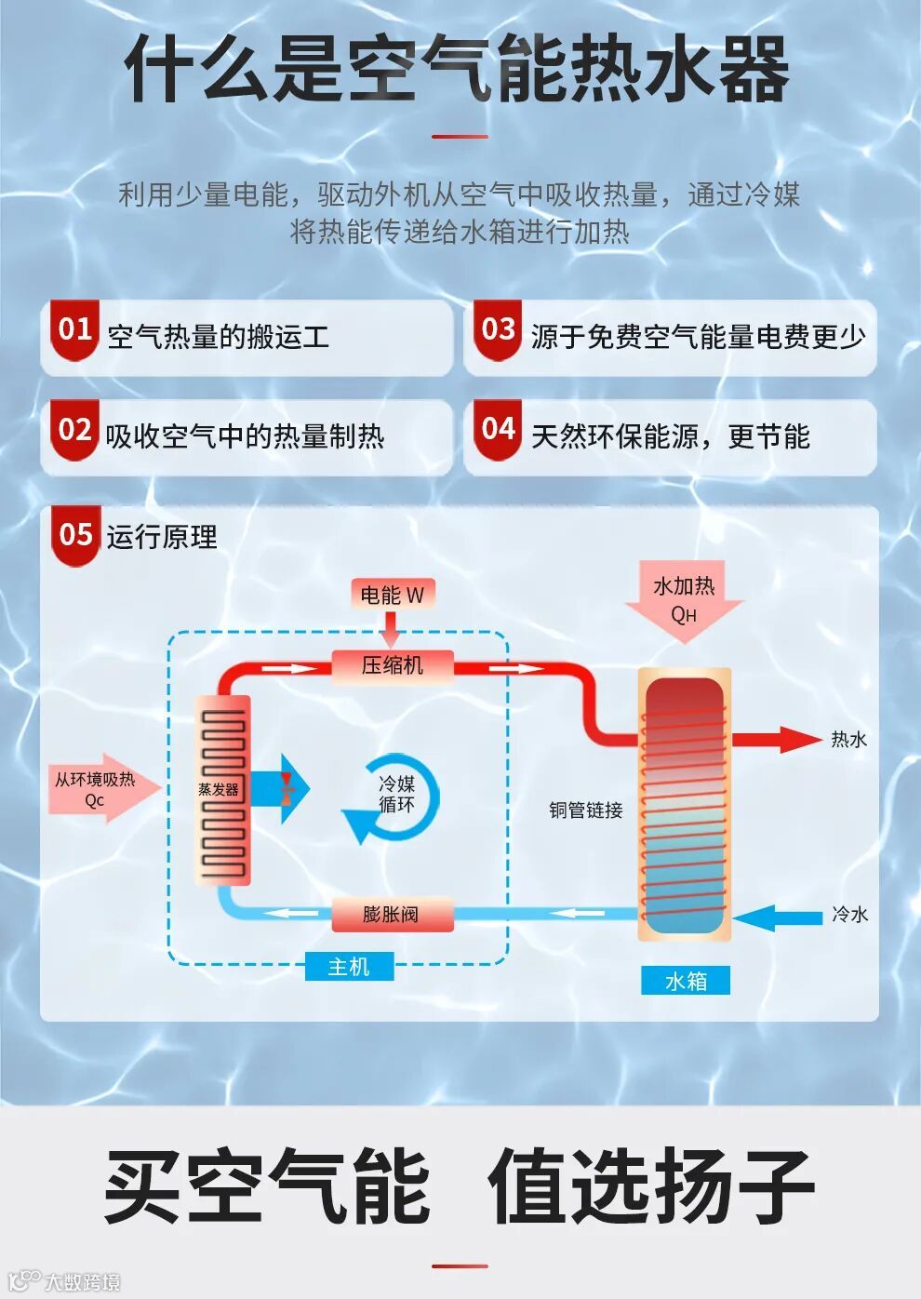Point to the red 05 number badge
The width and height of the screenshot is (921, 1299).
point(75,535)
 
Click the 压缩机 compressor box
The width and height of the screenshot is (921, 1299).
point(393,665)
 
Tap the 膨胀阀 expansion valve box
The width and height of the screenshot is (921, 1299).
point(392,915)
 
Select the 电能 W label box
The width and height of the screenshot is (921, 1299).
point(392,595)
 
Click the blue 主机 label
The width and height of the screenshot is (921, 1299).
point(349,968)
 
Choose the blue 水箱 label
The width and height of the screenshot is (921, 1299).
point(686,981)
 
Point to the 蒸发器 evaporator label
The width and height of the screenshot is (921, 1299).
point(219,789)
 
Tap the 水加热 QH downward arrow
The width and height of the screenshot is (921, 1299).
point(684,600)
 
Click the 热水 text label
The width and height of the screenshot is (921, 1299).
point(848,740)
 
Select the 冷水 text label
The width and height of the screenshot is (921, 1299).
point(849,915)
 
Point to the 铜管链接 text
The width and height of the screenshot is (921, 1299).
point(585,810)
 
